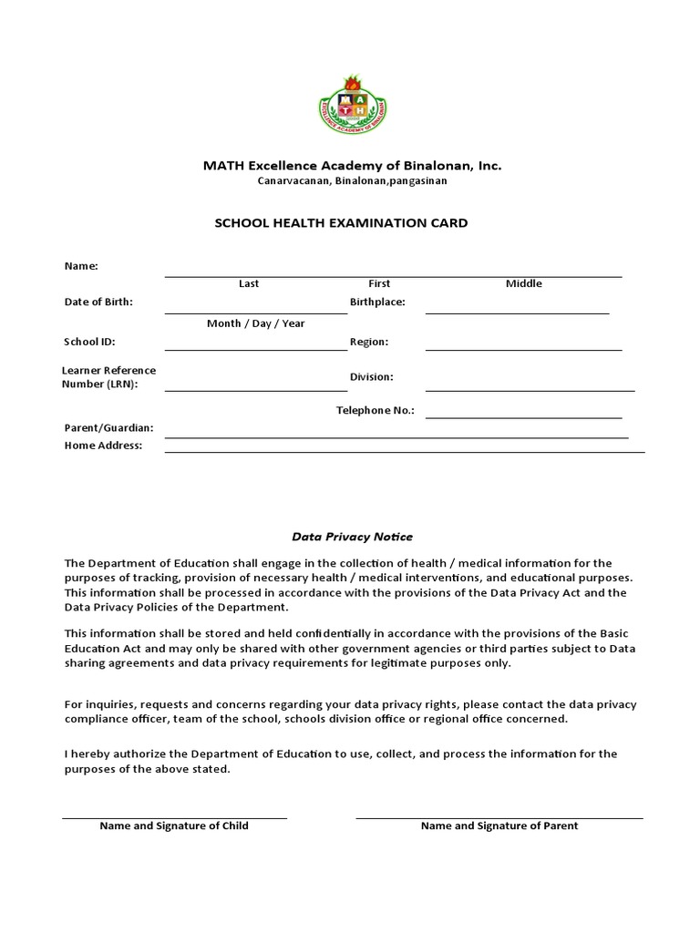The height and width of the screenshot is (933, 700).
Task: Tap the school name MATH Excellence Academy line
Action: pos(352,166)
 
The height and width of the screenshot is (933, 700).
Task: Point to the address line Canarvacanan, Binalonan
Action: pos(352,181)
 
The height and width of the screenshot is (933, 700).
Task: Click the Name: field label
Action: pos(81,266)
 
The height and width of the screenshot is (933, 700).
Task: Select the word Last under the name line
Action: pos(249,283)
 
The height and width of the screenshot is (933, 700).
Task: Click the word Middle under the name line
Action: pos(523,283)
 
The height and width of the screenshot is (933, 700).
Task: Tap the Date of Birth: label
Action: pos(98,302)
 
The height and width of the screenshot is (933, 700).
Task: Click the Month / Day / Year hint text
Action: pos(256,323)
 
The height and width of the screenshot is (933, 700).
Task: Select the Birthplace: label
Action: pos(377,302)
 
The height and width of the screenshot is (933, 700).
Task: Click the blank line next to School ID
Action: pos(255,349)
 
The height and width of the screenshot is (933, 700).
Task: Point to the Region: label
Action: pos(369,342)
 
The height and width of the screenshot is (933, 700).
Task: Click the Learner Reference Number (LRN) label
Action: pos(108,377)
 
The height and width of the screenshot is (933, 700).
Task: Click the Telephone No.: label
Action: pos(376,410)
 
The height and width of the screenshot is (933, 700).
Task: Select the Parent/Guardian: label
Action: pos(108,427)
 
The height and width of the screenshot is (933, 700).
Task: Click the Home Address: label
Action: pos(103,446)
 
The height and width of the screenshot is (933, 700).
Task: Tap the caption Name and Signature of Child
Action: pos(174,825)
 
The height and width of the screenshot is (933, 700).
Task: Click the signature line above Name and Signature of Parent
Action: pos(499,817)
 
